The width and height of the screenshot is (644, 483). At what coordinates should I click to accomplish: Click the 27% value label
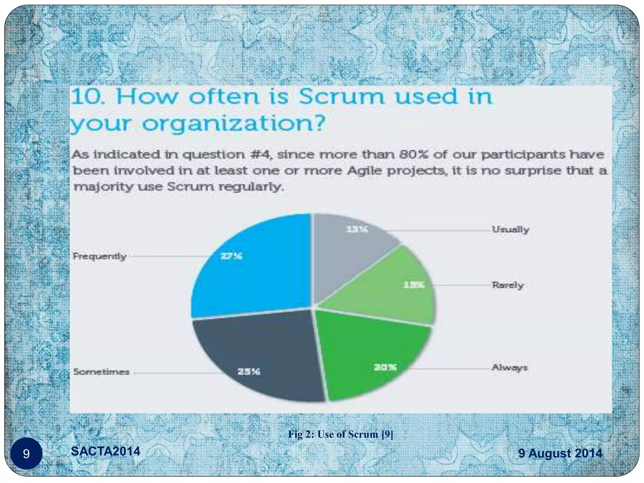[231, 256]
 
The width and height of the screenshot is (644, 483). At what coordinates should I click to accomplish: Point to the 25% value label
[249, 372]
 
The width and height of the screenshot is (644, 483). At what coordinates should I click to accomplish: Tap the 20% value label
[385, 367]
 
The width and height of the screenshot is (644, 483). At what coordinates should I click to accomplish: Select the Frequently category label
[99, 256]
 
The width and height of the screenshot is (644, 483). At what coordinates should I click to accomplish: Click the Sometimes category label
[101, 372]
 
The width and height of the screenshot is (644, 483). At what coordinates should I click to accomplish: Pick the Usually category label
[510, 230]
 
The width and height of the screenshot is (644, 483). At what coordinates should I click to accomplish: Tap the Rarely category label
[508, 285]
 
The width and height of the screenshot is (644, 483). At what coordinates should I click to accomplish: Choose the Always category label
[509, 367]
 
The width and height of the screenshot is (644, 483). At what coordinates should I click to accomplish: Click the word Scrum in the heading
[341, 97]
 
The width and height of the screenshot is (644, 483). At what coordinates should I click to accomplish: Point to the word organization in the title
[233, 124]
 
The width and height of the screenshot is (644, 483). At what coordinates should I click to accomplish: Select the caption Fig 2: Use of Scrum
[341, 434]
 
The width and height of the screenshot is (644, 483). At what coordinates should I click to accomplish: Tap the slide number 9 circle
[26, 453]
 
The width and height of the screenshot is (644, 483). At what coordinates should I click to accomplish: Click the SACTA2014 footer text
[106, 451]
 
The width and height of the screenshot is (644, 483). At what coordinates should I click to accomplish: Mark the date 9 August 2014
[560, 453]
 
